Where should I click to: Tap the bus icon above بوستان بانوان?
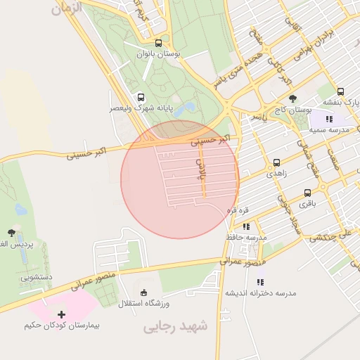167,42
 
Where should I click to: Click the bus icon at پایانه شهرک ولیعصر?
141,97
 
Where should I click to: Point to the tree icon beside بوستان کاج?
292,98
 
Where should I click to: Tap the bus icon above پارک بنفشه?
341,91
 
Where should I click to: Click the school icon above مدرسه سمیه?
329,120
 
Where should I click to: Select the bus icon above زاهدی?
276,162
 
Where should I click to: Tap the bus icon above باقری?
308,193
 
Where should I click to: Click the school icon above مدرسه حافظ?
246,226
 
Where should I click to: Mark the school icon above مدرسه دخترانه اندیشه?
260,282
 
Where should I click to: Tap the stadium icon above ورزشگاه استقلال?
145,292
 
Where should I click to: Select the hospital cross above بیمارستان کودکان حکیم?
61,314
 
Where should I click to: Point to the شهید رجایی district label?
176,327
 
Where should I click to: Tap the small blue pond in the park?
188,109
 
